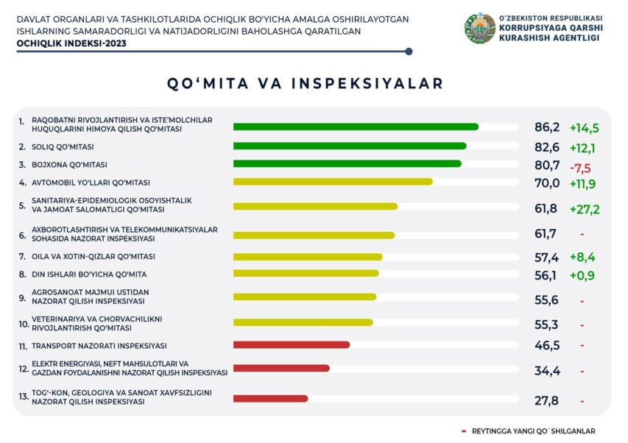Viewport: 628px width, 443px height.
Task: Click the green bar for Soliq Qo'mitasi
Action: [350, 146]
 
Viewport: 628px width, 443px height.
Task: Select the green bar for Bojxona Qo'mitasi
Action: [347, 163]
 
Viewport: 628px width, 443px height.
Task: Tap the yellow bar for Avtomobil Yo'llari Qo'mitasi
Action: [333, 181]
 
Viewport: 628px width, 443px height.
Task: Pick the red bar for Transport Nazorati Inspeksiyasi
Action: [291, 344]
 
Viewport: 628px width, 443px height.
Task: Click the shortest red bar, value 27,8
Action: [270, 398]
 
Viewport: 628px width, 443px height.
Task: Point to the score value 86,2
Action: [547, 127]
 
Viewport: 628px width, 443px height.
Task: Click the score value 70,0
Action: [547, 182]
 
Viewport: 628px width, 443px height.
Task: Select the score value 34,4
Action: [547, 371]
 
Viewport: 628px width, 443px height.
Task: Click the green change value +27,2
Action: [585, 209]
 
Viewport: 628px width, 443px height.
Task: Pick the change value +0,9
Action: [582, 274]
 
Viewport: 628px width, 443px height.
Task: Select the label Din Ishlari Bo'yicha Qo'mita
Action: [88, 274]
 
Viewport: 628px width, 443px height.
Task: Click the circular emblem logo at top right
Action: [479, 29]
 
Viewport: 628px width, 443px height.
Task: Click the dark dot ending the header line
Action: [409, 52]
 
